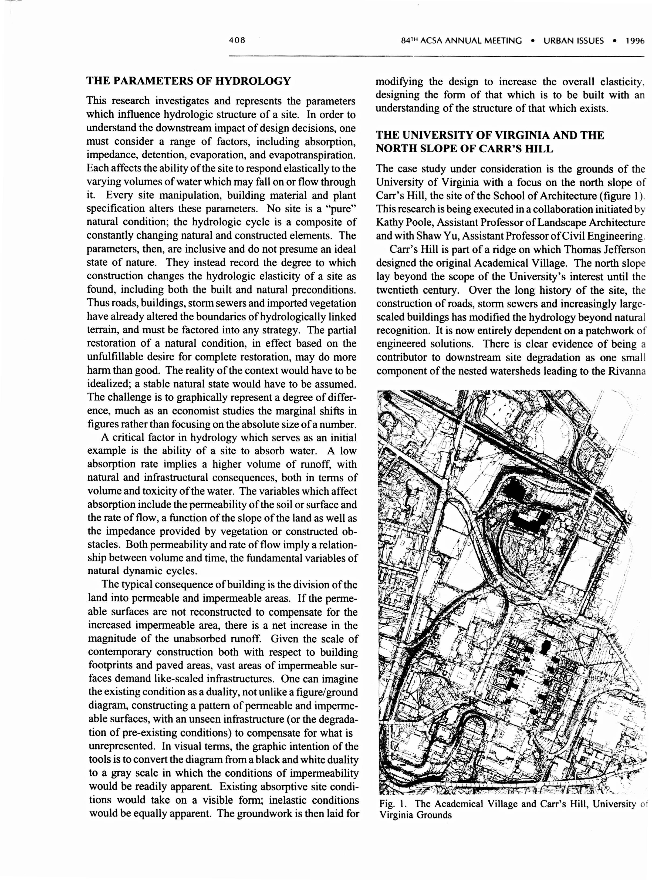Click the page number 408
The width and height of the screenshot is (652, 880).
(237, 40)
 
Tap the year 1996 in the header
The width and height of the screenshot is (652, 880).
(635, 41)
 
